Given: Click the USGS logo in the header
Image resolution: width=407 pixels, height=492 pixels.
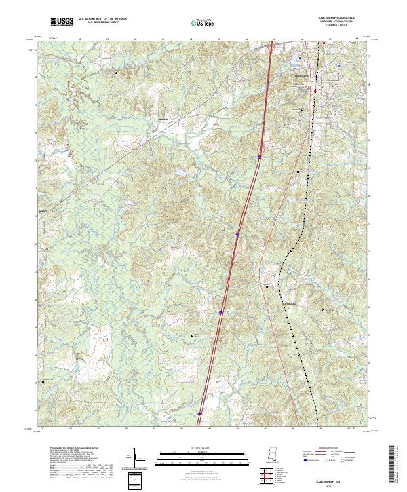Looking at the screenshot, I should click(62, 22).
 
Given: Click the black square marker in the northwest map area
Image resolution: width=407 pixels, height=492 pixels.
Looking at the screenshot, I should click(115, 71).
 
